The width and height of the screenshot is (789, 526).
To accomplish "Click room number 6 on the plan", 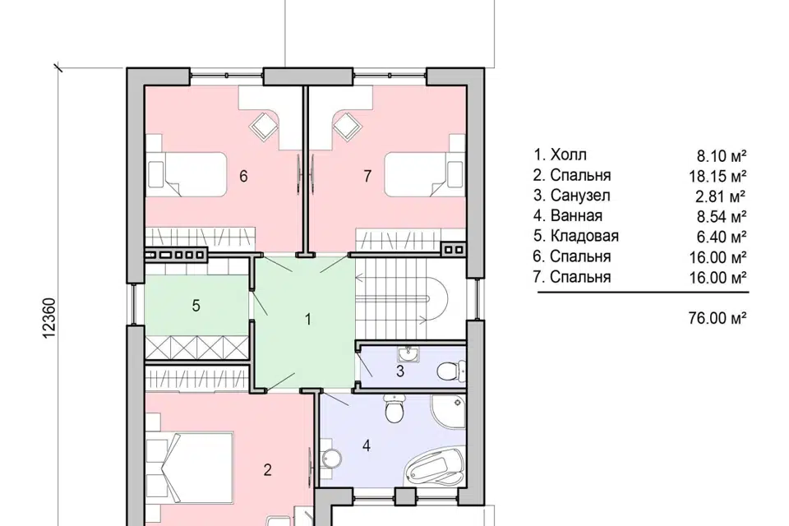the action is click(243, 176).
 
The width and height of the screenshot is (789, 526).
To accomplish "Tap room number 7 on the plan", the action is click(367, 176).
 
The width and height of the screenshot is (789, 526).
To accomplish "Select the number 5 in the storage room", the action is click(196, 306).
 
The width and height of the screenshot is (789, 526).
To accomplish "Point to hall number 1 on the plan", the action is click(308, 319).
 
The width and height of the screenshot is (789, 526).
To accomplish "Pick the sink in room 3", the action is click(408, 354).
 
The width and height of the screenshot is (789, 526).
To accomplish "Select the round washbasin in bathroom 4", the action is click(331, 458).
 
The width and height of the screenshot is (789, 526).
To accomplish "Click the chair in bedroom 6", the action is click(264, 125).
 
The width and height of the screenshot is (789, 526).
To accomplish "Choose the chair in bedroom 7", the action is click(346, 125).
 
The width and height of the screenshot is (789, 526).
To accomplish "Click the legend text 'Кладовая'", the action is click(584, 236).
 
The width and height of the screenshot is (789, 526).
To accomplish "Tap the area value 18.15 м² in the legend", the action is click(717, 176).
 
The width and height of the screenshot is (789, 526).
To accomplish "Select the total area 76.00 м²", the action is click(717, 318).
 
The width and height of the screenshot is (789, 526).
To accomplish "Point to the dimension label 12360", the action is click(49, 319).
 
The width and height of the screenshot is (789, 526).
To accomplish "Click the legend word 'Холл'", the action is click(569, 155).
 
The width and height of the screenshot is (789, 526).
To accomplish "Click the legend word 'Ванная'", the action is click(577, 215).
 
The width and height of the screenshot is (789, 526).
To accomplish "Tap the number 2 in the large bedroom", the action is click(268, 469).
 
